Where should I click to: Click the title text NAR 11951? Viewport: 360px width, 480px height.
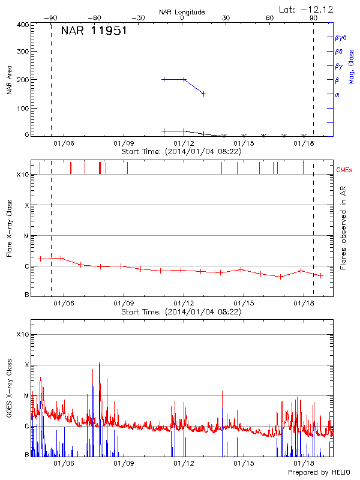click(94, 31)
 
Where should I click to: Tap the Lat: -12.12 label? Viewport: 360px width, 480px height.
click(307, 9)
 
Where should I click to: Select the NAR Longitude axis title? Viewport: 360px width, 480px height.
click(182, 12)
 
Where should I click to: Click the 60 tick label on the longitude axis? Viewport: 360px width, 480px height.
click(269, 19)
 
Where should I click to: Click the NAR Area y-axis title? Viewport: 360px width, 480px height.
click(10, 79)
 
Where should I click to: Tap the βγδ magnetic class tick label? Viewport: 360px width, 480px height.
click(341, 37)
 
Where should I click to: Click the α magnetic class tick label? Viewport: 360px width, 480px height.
click(337, 94)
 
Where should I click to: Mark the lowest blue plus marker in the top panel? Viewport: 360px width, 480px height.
click(204, 94)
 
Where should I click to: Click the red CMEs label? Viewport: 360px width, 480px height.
click(344, 170)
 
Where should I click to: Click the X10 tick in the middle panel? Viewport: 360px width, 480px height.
click(23, 175)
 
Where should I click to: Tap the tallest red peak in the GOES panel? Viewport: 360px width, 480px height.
click(99, 363)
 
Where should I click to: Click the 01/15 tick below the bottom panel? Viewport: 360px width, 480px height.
click(244, 463)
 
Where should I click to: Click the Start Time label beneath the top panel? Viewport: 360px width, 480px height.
click(181, 152)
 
